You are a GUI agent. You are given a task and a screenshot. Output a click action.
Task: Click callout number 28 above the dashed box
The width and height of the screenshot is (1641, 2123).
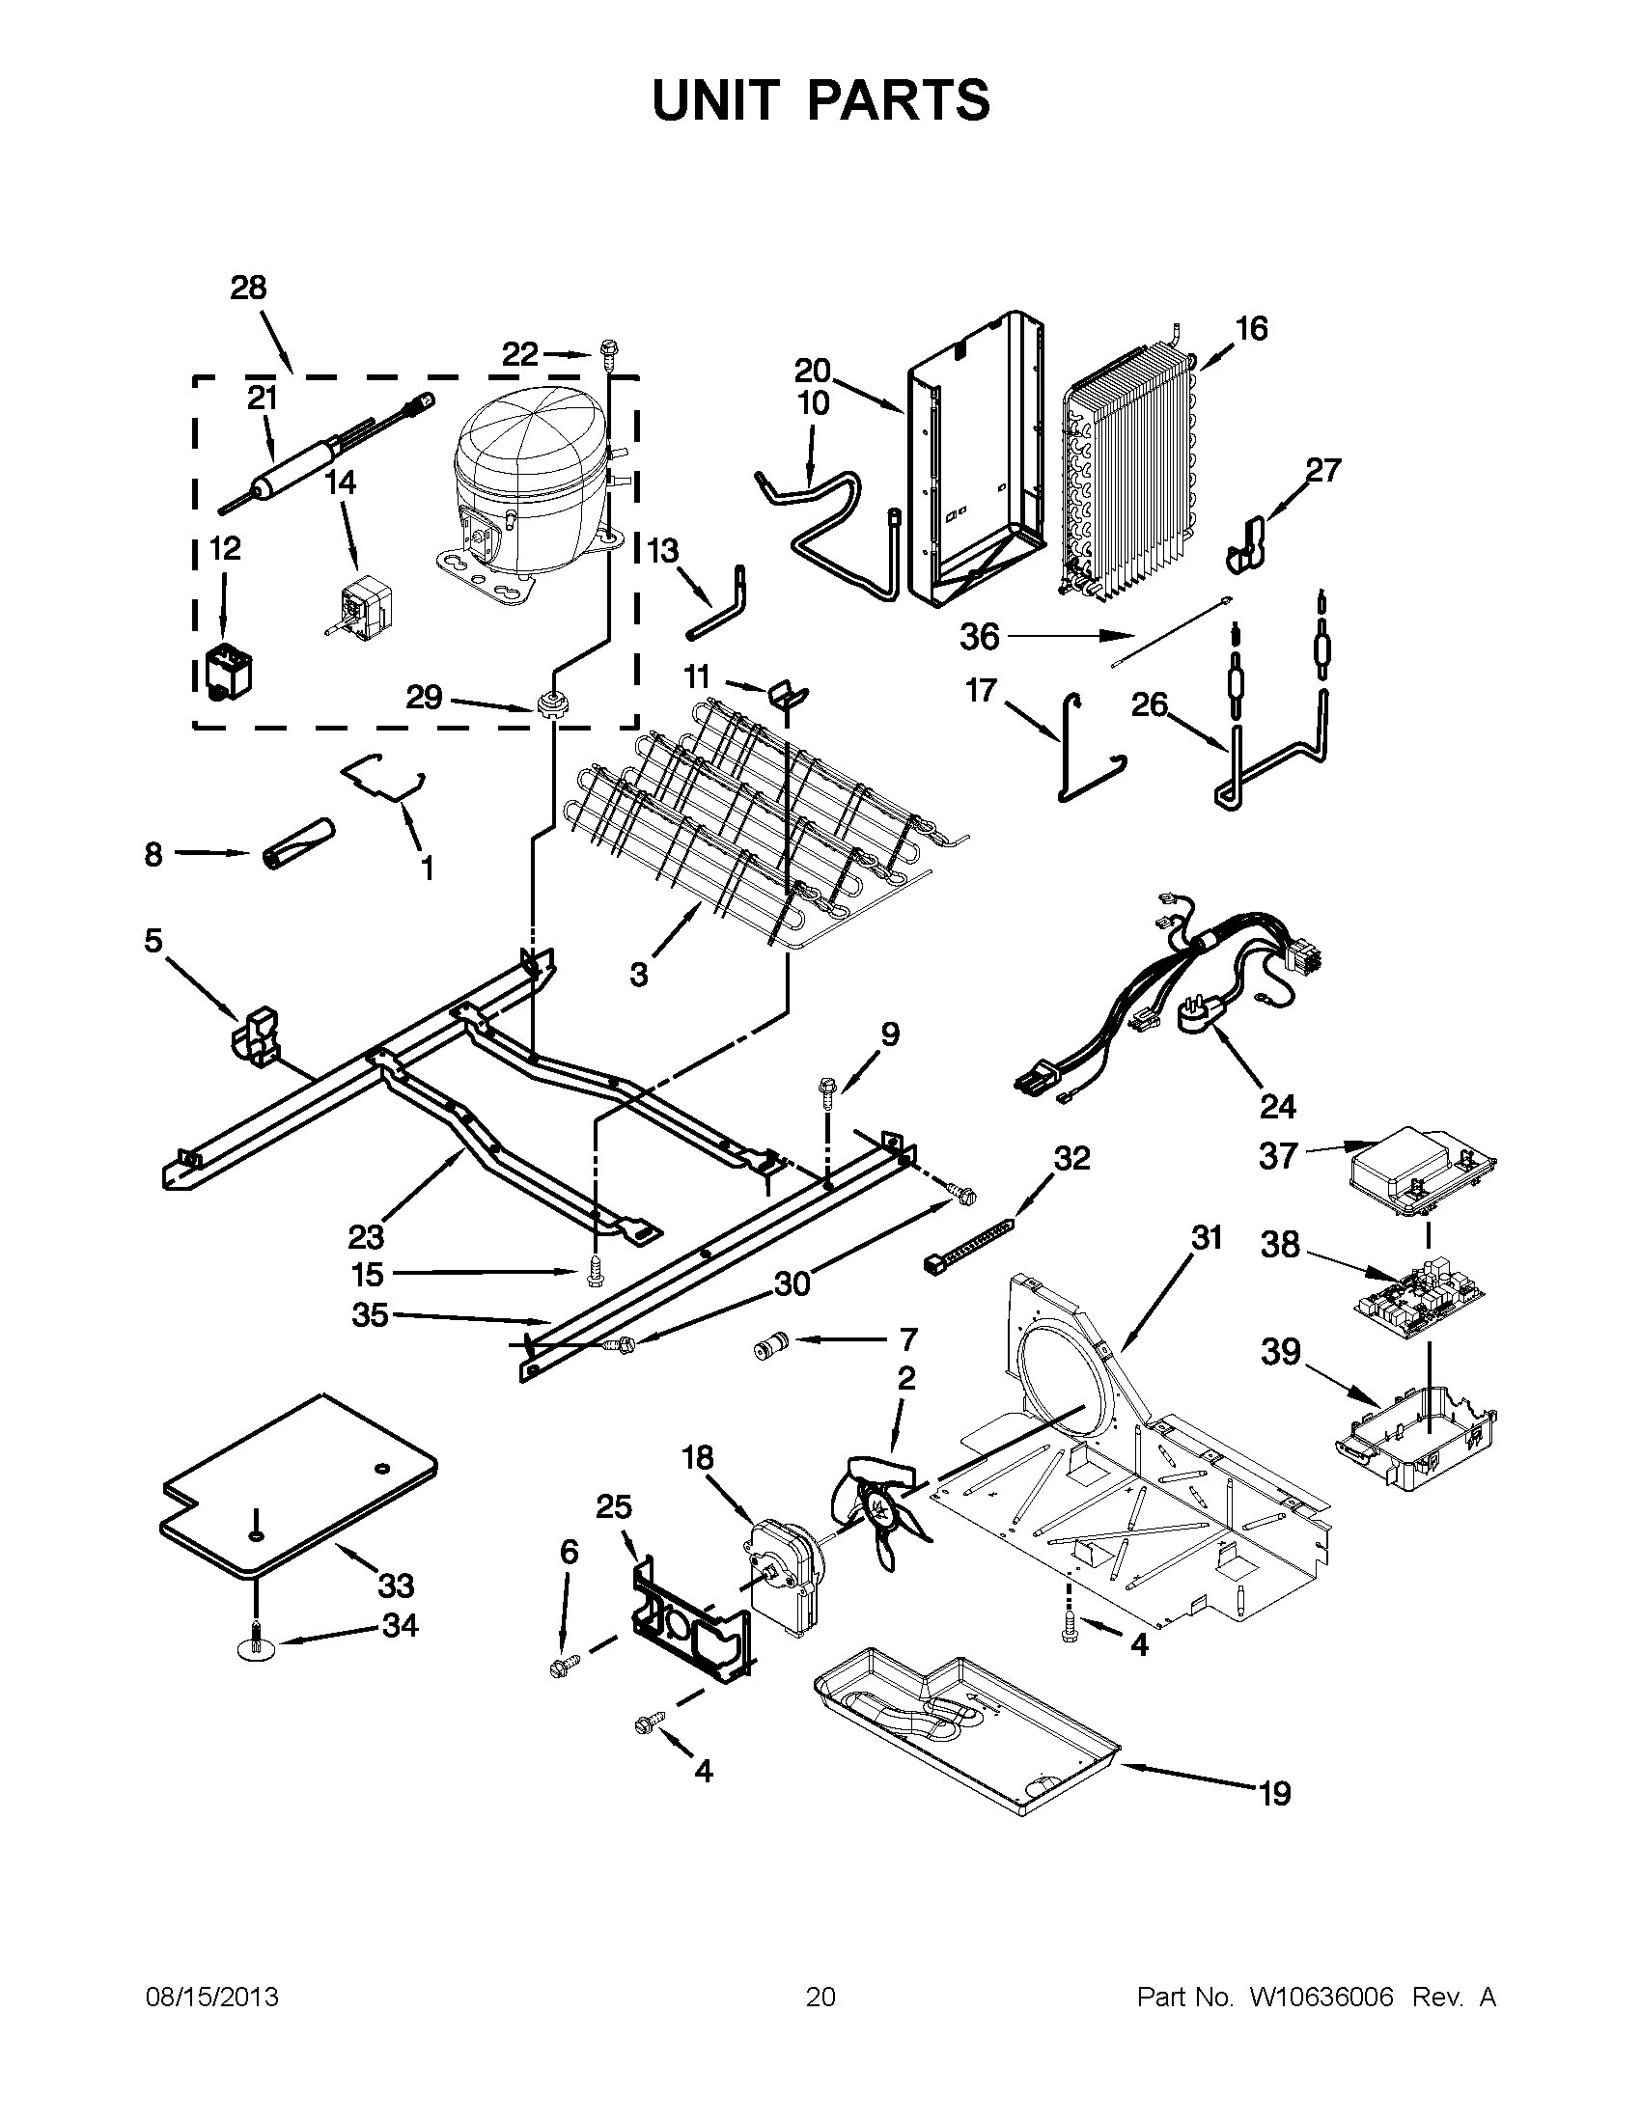coord(248,288)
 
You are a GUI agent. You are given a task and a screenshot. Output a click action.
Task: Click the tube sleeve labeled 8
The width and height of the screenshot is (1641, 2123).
coord(296,842)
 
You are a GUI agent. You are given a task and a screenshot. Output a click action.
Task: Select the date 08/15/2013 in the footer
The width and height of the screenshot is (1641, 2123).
coord(212,1997)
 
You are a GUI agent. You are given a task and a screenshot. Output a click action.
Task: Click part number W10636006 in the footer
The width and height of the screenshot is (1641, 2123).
coord(1321,1997)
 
